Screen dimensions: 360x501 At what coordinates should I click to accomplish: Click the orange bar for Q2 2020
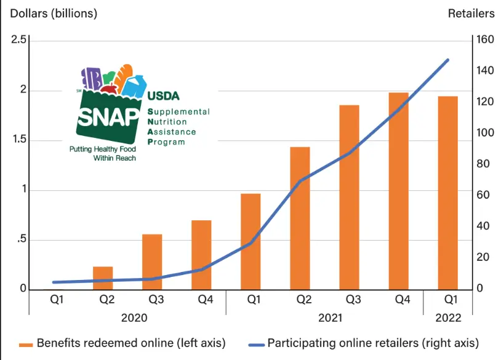click(103, 278)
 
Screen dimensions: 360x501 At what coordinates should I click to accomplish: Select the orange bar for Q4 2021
click(398, 191)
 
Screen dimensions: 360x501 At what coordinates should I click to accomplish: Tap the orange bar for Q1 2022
click(447, 193)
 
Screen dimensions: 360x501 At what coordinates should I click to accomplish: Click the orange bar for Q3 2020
click(152, 262)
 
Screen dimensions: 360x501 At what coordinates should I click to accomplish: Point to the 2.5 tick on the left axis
click(19, 40)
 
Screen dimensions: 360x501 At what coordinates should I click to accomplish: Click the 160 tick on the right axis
click(484, 40)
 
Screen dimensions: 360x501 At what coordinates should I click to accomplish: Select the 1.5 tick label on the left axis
click(19, 140)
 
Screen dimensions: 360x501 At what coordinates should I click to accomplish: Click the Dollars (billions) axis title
click(50, 13)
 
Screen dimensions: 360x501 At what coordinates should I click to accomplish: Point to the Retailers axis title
click(471, 13)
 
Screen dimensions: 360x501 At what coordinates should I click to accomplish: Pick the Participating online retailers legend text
click(373, 343)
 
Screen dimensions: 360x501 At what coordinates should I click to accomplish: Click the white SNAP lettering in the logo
click(108, 116)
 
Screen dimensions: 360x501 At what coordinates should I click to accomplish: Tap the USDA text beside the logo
click(163, 96)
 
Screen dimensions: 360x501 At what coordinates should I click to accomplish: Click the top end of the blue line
click(447, 60)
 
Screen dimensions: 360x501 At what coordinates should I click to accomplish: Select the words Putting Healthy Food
click(102, 149)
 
